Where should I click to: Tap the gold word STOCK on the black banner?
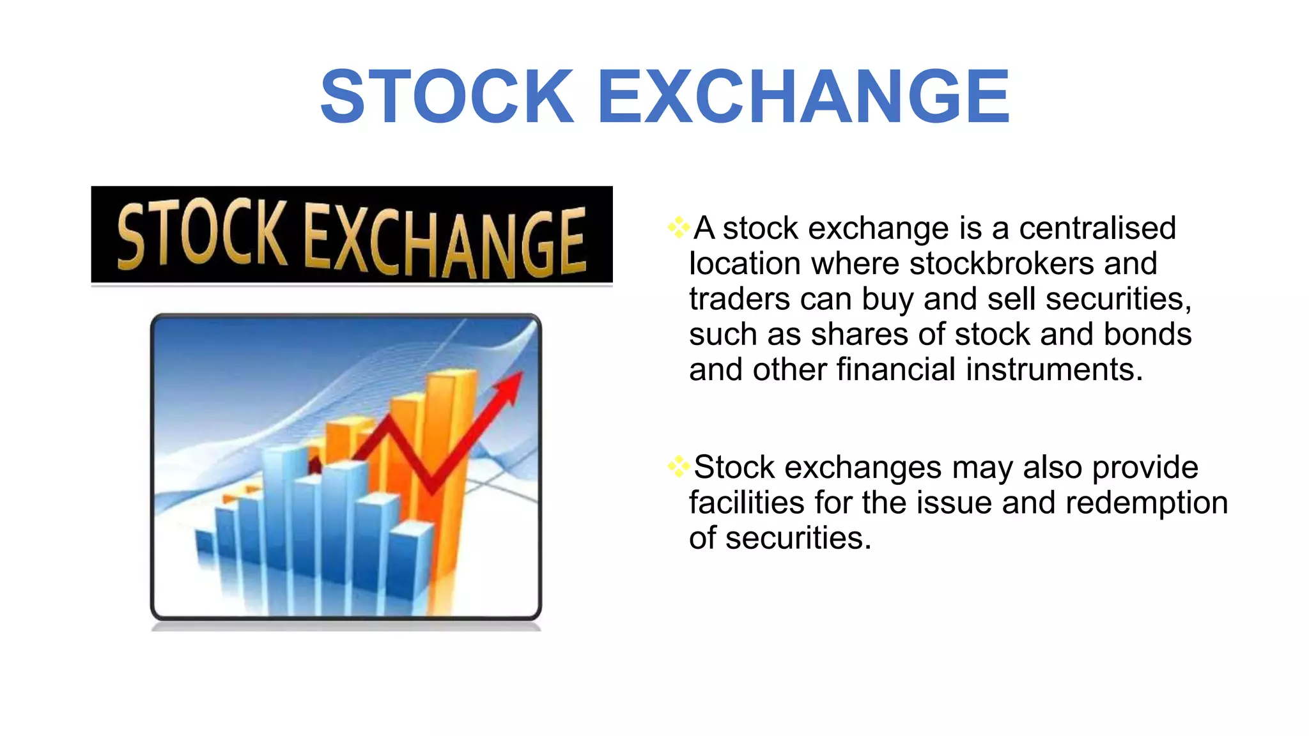pyautogui.click(x=202, y=234)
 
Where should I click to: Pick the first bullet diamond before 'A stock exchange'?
pyautogui.click(x=678, y=227)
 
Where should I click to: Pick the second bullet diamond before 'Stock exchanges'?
pyautogui.click(x=678, y=466)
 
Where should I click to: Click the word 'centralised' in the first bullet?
pyautogui.click(x=1097, y=228)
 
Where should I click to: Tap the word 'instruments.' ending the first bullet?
pyautogui.click(x=1054, y=369)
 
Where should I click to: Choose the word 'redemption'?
pyautogui.click(x=1147, y=503)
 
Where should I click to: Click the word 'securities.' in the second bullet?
pyautogui.click(x=798, y=538)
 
